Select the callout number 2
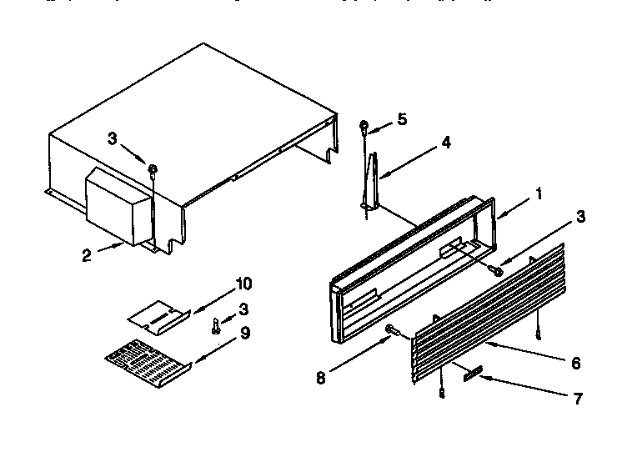86,256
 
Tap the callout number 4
446,143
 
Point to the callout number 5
402,119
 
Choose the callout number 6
576,364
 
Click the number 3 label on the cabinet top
113,140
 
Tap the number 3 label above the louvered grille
579,218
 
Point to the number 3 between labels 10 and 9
243,309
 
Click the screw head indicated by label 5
364,126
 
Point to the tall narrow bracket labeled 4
371,179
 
